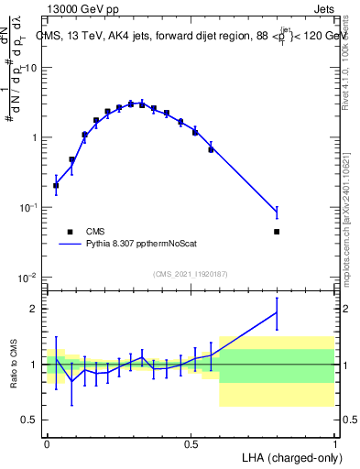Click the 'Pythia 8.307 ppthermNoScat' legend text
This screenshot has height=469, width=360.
tap(147, 245)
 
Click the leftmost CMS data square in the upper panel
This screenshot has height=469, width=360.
tap(56, 185)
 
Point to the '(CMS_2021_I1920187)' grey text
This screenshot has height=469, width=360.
tap(190, 273)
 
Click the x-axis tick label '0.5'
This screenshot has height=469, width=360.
tap(191, 442)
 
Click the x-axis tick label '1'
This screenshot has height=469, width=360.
tap(334, 442)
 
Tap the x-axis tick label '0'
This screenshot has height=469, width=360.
tap(47, 442)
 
